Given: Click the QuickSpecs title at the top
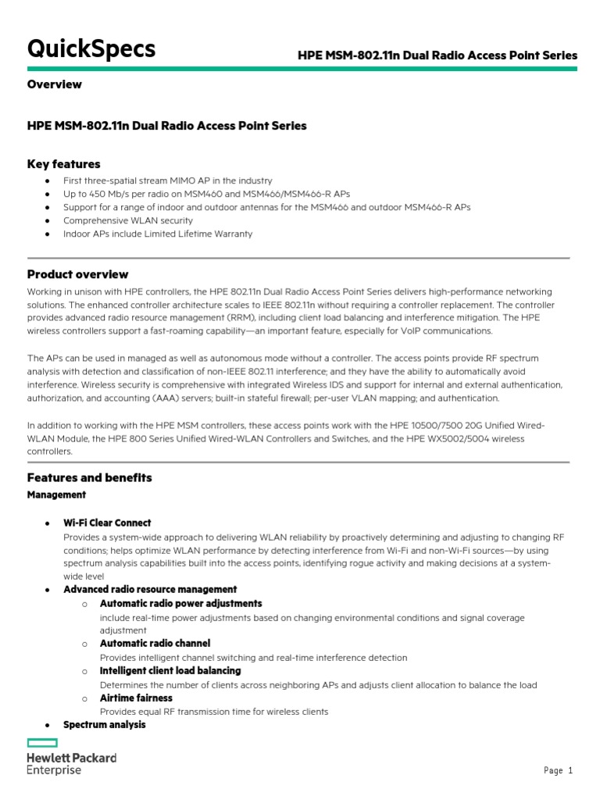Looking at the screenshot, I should click(x=91, y=49).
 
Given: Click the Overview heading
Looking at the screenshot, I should click(x=55, y=84).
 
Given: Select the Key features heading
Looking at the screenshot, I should click(x=64, y=164).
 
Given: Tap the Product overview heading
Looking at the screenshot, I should click(x=78, y=274).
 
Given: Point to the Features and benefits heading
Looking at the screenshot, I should click(x=90, y=477).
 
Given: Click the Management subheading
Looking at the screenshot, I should click(x=57, y=495).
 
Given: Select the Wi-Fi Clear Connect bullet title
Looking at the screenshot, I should click(x=107, y=523).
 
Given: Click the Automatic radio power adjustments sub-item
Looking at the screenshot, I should click(x=181, y=603).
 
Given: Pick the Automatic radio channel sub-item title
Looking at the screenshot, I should click(x=155, y=643).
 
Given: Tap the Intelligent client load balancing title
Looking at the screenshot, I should click(x=170, y=670).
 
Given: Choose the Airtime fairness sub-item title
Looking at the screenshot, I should click(x=136, y=698).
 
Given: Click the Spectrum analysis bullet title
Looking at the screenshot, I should click(x=105, y=724).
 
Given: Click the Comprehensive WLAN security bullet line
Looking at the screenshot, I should click(x=128, y=220).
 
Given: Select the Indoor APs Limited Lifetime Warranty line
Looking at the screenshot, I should click(x=158, y=234).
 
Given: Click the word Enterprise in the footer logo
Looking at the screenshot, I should click(x=54, y=770).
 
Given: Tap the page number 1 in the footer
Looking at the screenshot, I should click(x=570, y=770).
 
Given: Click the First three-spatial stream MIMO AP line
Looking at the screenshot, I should click(x=168, y=180).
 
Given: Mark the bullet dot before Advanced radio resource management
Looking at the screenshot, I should click(x=48, y=590).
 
